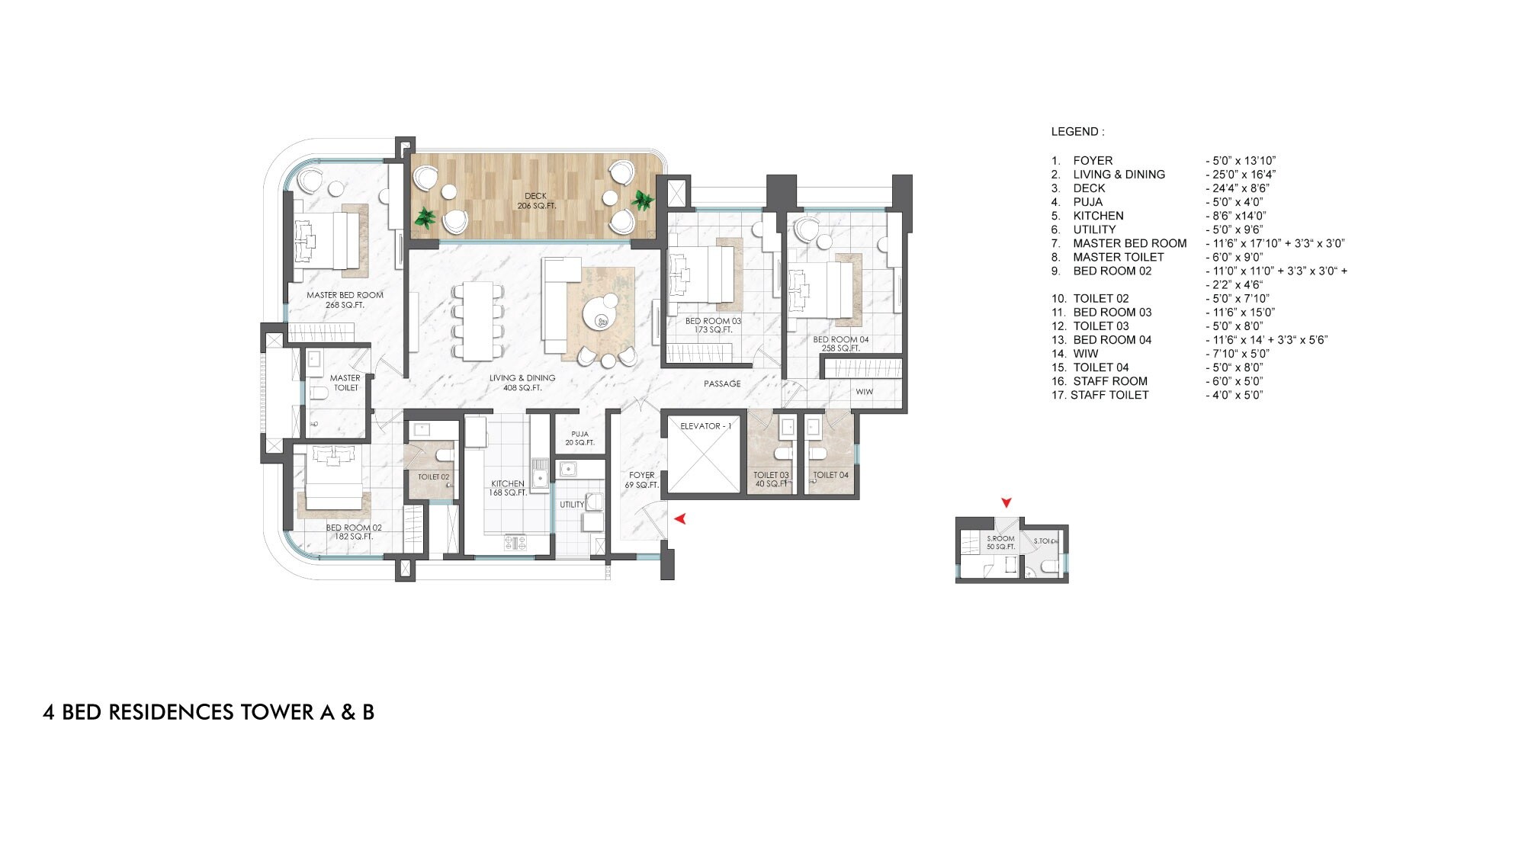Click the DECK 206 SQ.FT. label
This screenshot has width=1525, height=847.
(x=535, y=201)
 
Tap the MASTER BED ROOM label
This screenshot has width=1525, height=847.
(x=345, y=300)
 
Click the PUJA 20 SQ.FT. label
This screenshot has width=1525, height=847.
(x=579, y=438)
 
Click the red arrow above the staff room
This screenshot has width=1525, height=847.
(x=1006, y=502)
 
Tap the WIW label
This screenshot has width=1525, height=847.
(x=864, y=392)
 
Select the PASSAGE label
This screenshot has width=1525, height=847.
(x=722, y=383)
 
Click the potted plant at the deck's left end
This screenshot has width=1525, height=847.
(x=424, y=219)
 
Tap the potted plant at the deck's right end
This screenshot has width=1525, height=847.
(x=643, y=201)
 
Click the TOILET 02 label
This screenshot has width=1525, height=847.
(x=433, y=476)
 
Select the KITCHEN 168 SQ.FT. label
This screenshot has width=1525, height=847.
(x=508, y=488)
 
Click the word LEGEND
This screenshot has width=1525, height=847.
(x=1077, y=132)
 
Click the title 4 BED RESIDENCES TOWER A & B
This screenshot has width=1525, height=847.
(x=208, y=712)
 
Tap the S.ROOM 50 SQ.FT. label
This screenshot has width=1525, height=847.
(x=1000, y=543)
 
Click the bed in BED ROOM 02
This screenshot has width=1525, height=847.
(x=333, y=479)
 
